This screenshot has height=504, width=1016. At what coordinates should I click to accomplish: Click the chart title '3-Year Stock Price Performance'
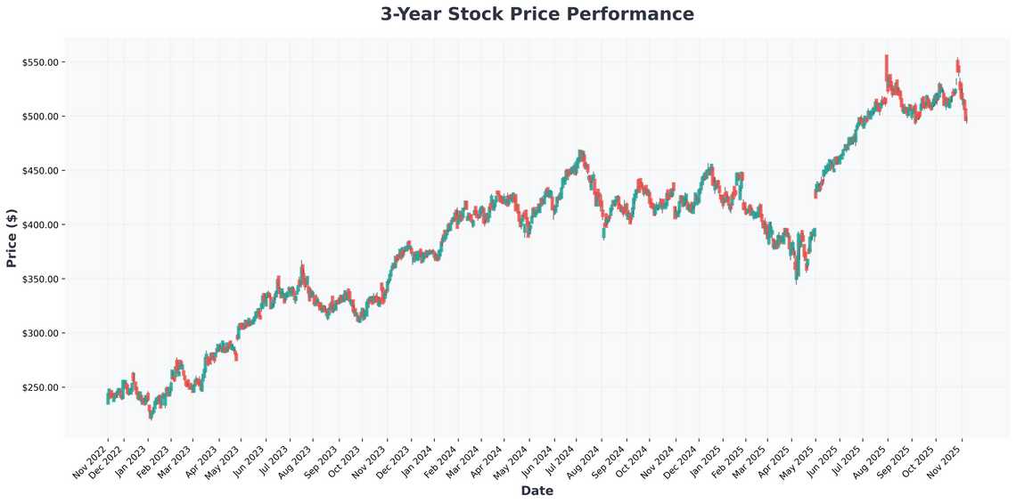[537, 14]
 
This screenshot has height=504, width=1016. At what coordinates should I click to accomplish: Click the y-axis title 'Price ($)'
[12, 239]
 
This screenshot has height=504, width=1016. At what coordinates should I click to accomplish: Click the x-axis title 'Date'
[537, 491]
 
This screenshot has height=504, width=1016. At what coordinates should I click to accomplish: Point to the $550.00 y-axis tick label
[41, 62]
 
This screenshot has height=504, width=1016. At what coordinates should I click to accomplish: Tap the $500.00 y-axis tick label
[41, 117]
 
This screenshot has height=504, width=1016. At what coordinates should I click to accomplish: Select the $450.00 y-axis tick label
[41, 171]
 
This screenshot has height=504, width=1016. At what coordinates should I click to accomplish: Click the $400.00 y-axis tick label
[41, 225]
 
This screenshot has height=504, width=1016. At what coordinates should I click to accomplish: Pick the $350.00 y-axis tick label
[41, 280]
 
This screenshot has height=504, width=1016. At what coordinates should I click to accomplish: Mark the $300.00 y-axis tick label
[41, 334]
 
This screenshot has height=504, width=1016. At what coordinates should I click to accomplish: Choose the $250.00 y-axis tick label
[41, 388]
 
